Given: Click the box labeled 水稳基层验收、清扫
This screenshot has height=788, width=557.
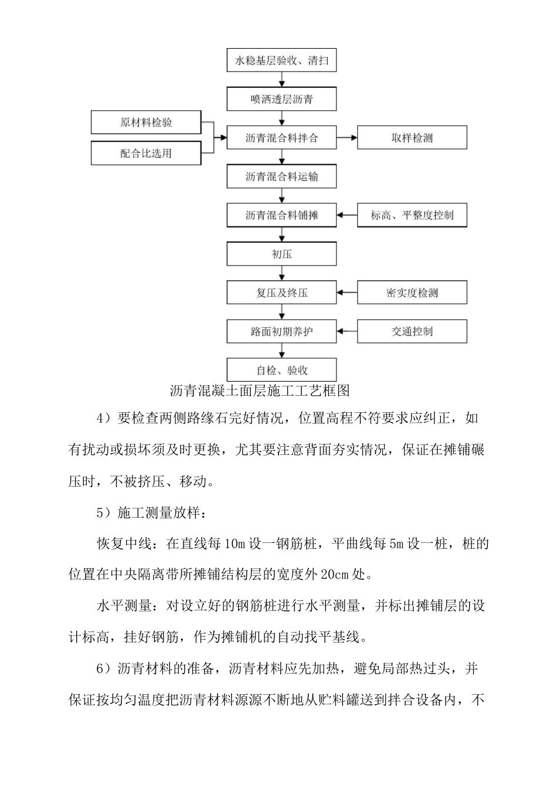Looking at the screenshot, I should [281, 60].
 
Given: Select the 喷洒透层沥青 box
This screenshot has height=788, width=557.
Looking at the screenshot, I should [281, 99].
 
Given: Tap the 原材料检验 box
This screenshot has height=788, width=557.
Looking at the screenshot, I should [146, 123].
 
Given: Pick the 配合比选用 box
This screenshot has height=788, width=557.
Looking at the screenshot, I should [146, 154].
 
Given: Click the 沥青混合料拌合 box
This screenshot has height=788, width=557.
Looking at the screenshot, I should [281, 138].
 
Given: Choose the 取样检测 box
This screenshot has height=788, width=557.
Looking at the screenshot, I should [412, 138].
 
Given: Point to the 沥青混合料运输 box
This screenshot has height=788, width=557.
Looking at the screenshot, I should [281, 176].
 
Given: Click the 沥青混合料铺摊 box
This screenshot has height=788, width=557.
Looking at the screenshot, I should [281, 215].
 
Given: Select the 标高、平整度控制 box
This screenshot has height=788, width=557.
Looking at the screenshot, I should [412, 215].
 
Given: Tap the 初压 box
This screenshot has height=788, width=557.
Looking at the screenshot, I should [281, 254].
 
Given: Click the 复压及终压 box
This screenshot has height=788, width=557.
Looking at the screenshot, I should [281, 293].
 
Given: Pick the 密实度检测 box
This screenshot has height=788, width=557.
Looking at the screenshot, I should [412, 293].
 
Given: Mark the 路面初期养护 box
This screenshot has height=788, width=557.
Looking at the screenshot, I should [281, 331].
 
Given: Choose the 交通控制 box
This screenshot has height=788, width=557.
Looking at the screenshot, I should [412, 331].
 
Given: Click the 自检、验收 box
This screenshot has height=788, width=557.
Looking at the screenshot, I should [281, 370].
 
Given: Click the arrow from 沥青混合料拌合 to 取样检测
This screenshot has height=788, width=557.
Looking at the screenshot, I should [347, 138].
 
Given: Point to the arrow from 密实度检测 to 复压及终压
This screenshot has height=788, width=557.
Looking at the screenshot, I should [347, 293].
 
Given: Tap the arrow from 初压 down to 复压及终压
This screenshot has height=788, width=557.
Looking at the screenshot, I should [282, 273].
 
